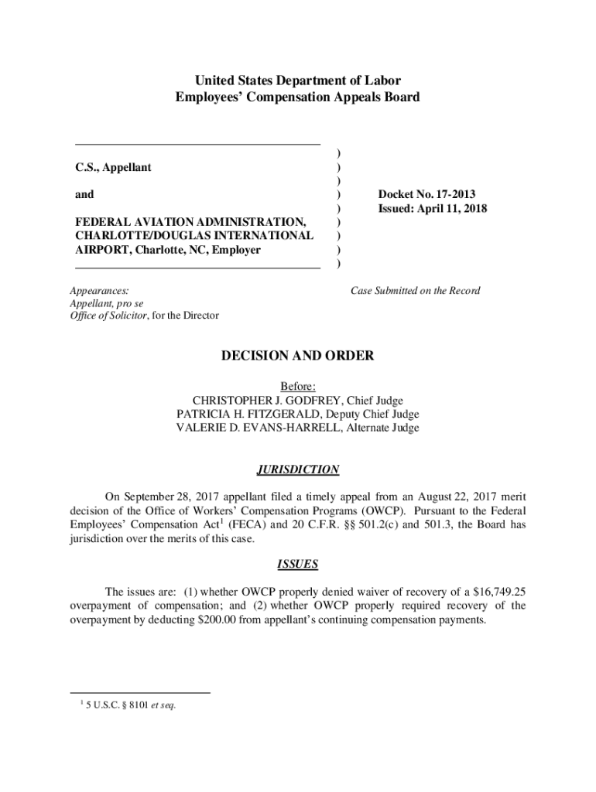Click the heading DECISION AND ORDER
point(298,356)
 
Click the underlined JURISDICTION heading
point(298,469)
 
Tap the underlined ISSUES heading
point(298,564)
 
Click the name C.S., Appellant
point(113,167)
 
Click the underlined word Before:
point(298,386)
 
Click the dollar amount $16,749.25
point(495,592)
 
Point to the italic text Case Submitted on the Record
point(415,291)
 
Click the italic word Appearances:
point(100,291)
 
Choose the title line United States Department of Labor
point(298,80)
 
